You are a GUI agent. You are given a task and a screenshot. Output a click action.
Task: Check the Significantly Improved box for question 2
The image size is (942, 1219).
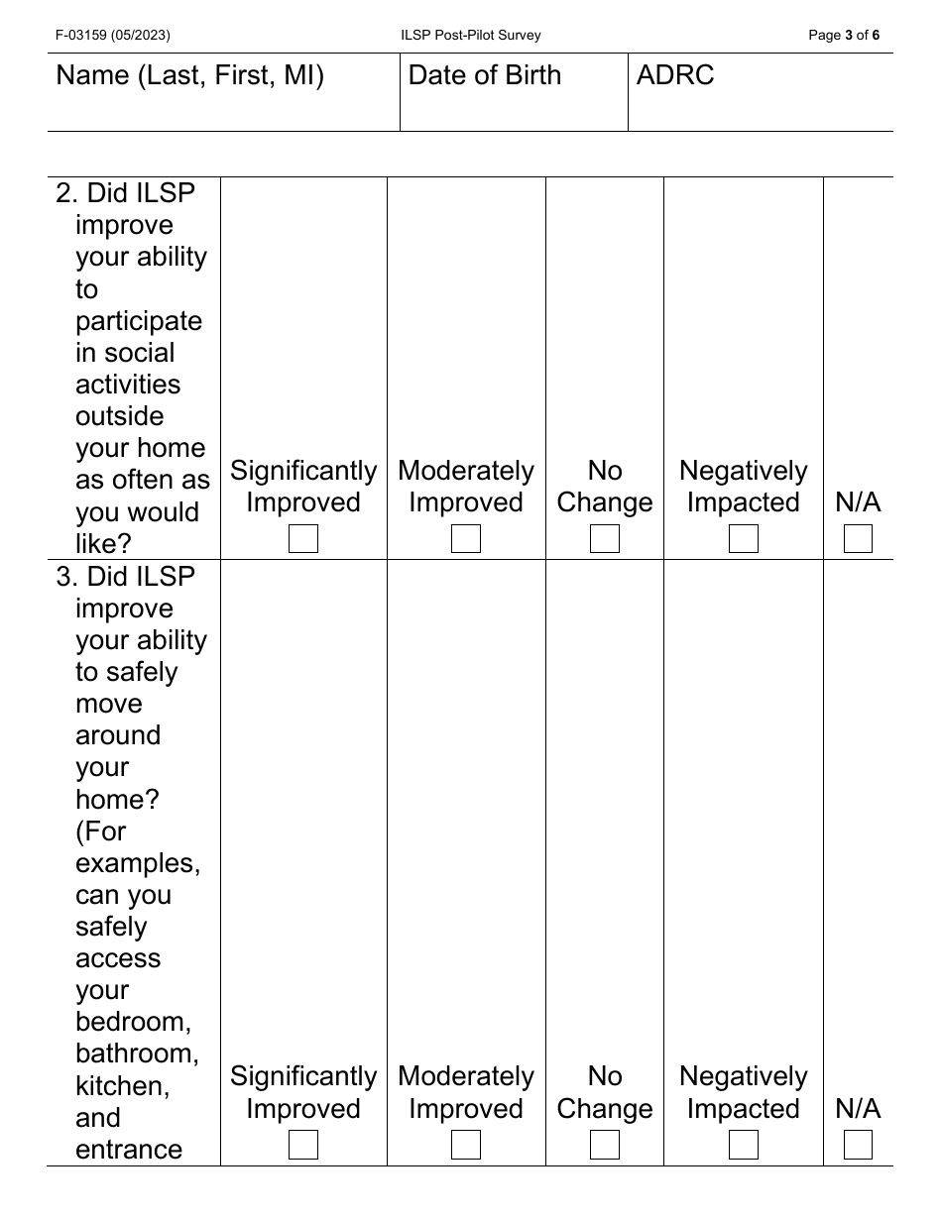click(303, 539)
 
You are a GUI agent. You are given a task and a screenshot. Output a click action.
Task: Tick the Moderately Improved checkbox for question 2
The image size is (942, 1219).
click(466, 539)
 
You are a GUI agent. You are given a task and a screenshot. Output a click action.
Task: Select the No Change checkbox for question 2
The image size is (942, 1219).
click(605, 539)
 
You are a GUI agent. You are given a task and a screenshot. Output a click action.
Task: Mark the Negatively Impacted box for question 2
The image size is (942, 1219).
click(744, 539)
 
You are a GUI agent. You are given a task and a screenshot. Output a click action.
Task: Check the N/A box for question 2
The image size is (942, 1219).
click(859, 539)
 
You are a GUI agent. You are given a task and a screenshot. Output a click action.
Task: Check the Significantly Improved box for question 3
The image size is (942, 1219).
click(303, 1145)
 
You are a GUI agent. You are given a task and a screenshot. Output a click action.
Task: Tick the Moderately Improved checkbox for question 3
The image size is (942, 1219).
click(466, 1145)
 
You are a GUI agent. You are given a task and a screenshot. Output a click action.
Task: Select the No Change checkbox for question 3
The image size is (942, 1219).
click(605, 1145)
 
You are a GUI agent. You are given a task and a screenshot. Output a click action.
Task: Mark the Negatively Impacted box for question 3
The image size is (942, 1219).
click(744, 1145)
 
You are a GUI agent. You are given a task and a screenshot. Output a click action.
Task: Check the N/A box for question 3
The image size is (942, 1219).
click(859, 1145)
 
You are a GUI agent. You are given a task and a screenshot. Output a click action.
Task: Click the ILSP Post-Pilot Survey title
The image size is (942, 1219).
click(471, 35)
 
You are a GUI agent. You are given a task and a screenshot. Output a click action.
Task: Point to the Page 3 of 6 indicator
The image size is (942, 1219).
click(844, 35)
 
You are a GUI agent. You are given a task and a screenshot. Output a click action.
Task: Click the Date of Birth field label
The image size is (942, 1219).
click(485, 75)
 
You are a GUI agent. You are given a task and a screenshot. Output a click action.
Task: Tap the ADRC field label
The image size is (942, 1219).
click(675, 75)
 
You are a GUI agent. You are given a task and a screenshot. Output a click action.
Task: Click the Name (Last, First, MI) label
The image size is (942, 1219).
click(190, 75)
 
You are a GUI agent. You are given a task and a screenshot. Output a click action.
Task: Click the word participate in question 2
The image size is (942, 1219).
click(139, 321)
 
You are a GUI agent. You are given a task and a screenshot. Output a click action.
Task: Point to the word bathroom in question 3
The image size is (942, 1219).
click(137, 1053)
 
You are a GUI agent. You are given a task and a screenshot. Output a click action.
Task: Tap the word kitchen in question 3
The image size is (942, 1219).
click(123, 1085)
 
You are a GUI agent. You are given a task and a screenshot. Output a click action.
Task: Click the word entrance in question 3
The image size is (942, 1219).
click(129, 1150)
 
